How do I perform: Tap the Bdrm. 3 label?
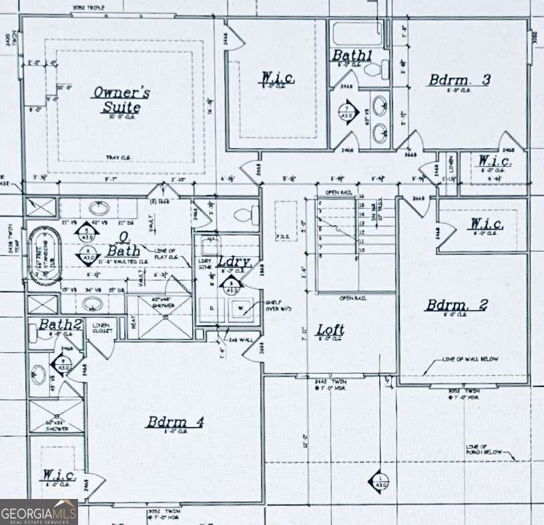[x=460, y=80]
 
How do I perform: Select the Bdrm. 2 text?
[x=457, y=305]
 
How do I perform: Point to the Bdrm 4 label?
[x=175, y=422]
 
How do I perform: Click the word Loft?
[x=330, y=329]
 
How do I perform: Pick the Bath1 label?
[x=352, y=56]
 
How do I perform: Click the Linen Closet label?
[x=102, y=328]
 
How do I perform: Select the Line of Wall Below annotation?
[x=470, y=360]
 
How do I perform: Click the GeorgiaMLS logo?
[x=39, y=512]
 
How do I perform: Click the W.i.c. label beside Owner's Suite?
[x=276, y=78]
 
